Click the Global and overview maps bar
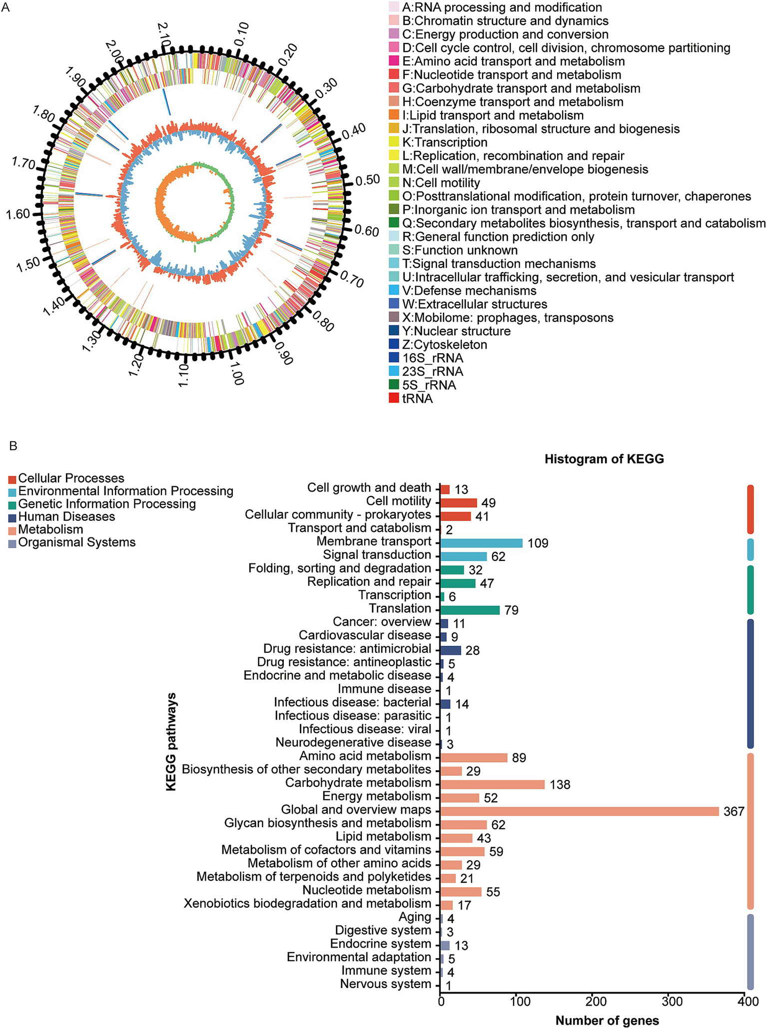pos(580,811)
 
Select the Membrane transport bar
pos(482,543)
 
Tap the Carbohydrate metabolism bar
pos(492,784)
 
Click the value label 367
pos(734,812)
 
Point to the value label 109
pos(538,543)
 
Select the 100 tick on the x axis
pos(517,1002)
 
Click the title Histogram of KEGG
pos(604,459)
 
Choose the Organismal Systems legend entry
pos(76,542)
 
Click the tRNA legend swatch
pos(394,399)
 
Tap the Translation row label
pos(400,608)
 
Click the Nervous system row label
pos(385,984)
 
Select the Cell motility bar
pos(459,503)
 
